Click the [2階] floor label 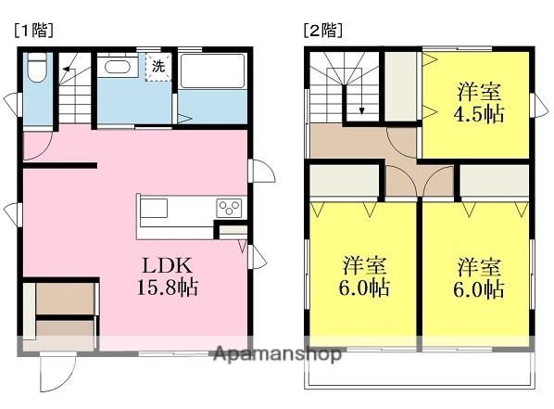pos(322,30)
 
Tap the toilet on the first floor pos(37,69)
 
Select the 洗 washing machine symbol pos(158,67)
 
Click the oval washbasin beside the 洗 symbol pos(118,67)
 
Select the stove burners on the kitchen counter pos(229,208)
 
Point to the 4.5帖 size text pos(479,116)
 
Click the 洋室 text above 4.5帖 pos(479,94)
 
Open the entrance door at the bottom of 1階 pos(54,375)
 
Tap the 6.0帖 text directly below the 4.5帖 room pos(479,288)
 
